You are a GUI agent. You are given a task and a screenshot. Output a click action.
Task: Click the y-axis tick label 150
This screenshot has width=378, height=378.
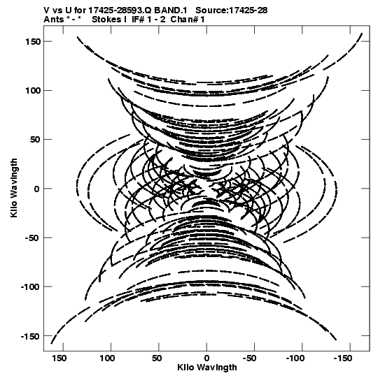pyautogui.click(x=33, y=41)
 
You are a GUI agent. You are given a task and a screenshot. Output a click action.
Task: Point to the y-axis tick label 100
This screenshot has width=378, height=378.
pyautogui.click(x=33, y=91)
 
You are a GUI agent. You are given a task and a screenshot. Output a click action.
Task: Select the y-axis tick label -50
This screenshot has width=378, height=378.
pyautogui.click(x=32, y=238)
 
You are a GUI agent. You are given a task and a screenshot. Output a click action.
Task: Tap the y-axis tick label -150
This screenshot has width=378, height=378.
pyautogui.click(x=30, y=336)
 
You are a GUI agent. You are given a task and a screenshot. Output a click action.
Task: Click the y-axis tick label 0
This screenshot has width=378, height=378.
pyautogui.click(x=36, y=189)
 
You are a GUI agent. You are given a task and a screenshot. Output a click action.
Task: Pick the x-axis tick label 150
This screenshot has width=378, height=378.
pyautogui.click(x=59, y=358)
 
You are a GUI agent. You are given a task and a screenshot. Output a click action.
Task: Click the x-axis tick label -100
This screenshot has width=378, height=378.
pyautogui.click(x=295, y=358)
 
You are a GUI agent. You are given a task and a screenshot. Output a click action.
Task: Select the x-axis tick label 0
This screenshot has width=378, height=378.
pyautogui.click(x=206, y=358)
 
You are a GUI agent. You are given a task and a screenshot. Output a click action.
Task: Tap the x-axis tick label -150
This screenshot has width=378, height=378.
pyautogui.click(x=343, y=358)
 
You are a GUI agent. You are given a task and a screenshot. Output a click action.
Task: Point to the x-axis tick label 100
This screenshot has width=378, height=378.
pyautogui.click(x=107, y=358)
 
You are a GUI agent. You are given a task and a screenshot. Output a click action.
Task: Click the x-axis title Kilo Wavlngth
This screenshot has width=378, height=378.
pyautogui.click(x=207, y=368)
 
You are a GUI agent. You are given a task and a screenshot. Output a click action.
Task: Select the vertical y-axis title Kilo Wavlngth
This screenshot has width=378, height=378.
pyautogui.click(x=14, y=188)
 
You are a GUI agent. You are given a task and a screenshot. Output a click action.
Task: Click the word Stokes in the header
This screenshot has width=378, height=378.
pyautogui.click(x=106, y=19)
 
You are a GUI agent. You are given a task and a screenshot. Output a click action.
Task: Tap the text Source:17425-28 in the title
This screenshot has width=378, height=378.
pyautogui.click(x=232, y=10)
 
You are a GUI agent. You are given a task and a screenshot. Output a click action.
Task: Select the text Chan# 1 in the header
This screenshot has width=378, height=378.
pyautogui.click(x=188, y=19)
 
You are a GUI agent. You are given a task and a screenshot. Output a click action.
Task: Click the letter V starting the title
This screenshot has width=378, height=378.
pyautogui.click(x=46, y=10)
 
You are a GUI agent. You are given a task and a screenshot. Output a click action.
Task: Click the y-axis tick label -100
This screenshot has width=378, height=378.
pyautogui.click(x=30, y=287)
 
